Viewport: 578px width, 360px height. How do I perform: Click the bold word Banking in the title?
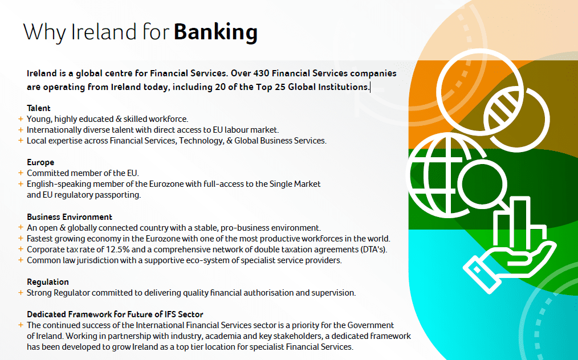215,32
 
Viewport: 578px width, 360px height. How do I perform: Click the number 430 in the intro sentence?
261,73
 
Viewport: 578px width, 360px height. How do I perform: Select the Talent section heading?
38,108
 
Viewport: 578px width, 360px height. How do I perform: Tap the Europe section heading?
40,162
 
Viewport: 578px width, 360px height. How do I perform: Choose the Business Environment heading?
70,216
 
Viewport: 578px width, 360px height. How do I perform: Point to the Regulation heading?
47,282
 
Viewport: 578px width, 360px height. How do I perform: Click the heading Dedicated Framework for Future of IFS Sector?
115,314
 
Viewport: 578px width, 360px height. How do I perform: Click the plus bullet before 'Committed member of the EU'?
21,173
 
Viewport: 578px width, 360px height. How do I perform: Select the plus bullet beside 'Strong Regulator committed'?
21,293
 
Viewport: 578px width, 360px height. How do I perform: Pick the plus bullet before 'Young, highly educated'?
21,119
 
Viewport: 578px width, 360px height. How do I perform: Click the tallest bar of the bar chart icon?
520,221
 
